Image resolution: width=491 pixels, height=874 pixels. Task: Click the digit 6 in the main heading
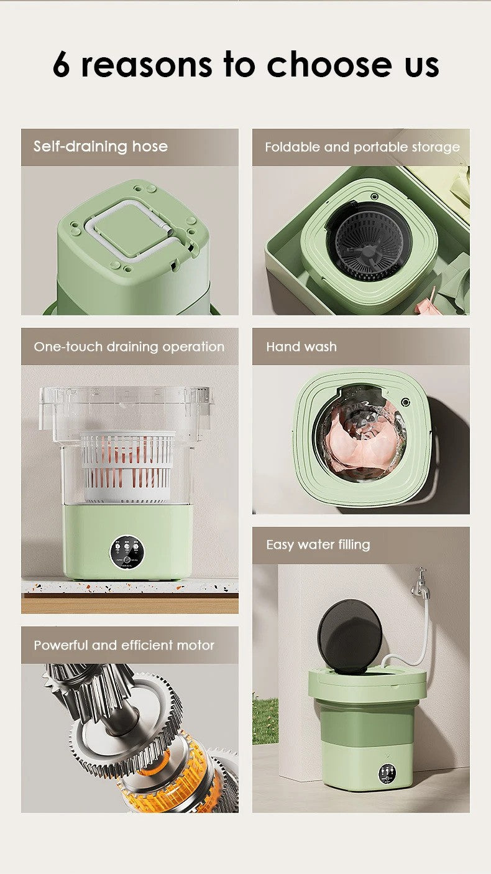pos(62,64)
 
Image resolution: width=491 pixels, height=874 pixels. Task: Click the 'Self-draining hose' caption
pos(101,147)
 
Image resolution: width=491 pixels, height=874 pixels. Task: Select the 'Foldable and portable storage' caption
pos(362,147)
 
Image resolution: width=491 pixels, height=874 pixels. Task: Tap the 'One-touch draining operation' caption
pos(129,346)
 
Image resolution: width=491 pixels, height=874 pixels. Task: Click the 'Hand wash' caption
pos(301,346)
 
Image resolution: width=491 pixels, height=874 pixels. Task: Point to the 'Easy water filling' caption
pos(318,545)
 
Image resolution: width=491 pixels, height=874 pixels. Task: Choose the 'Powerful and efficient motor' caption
pos(124,645)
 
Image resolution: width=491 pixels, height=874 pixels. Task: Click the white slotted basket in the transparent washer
pos(128,467)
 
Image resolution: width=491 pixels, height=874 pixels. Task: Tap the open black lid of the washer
pos(350,636)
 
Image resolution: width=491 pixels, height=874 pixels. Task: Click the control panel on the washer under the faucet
pos(387,774)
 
